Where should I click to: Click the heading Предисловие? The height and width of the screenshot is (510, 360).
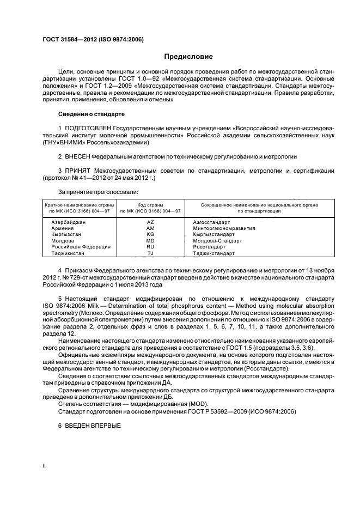tap(188, 57)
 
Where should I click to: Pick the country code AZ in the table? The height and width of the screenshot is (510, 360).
tap(150, 222)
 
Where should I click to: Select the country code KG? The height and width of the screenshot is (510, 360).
tap(150, 234)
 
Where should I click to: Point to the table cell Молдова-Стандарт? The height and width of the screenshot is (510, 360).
tap(217, 240)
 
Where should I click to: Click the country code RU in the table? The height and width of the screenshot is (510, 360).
tap(150, 246)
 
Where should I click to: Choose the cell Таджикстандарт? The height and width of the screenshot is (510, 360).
tap(214, 253)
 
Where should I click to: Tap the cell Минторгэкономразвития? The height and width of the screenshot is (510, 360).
tap(224, 228)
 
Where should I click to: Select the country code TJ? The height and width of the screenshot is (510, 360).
tap(150, 253)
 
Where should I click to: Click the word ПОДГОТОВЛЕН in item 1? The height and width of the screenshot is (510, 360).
tap(87, 129)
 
